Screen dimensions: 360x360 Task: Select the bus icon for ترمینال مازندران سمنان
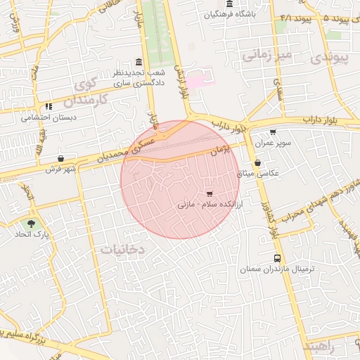pyautogui.click(x=277, y=258)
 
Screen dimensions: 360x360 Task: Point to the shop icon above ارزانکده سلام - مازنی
pyautogui.click(x=209, y=193)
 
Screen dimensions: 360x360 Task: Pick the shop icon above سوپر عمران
pyautogui.click(x=273, y=132)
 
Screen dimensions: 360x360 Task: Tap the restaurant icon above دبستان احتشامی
pyautogui.click(x=49, y=107)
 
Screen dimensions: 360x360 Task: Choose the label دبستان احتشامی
pyautogui.click(x=49, y=117)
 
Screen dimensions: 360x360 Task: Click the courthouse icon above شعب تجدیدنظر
pyautogui.click(x=137, y=62)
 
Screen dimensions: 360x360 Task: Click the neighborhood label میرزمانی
pyautogui.click(x=266, y=54)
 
